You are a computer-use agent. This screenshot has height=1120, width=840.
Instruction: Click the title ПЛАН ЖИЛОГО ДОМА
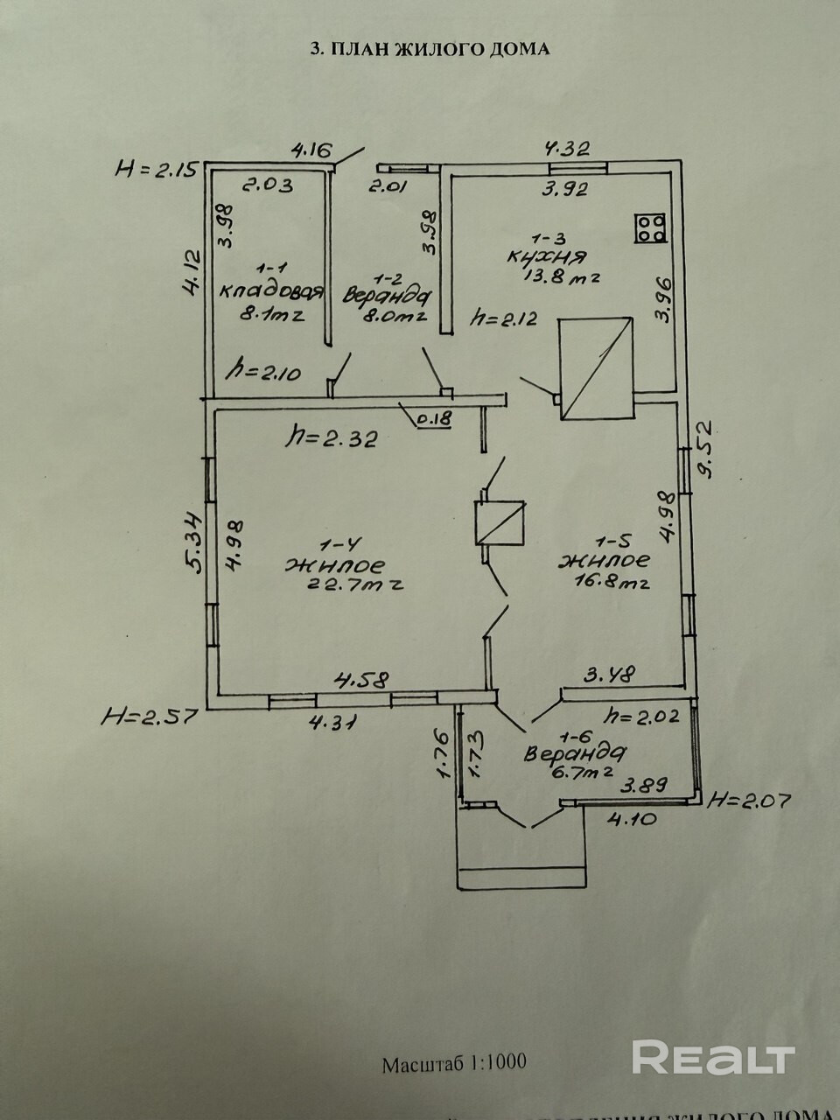pos(430,49)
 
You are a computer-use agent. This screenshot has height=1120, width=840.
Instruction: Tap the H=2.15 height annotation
pos(158,168)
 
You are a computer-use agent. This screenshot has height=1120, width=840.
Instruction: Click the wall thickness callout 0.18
pos(434,419)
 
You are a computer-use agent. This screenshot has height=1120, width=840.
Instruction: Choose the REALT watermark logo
pos(713,1058)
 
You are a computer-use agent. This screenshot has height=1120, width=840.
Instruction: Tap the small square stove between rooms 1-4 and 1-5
pos(499,522)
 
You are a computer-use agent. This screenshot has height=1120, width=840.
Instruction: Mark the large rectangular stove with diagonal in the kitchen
pos(597,367)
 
